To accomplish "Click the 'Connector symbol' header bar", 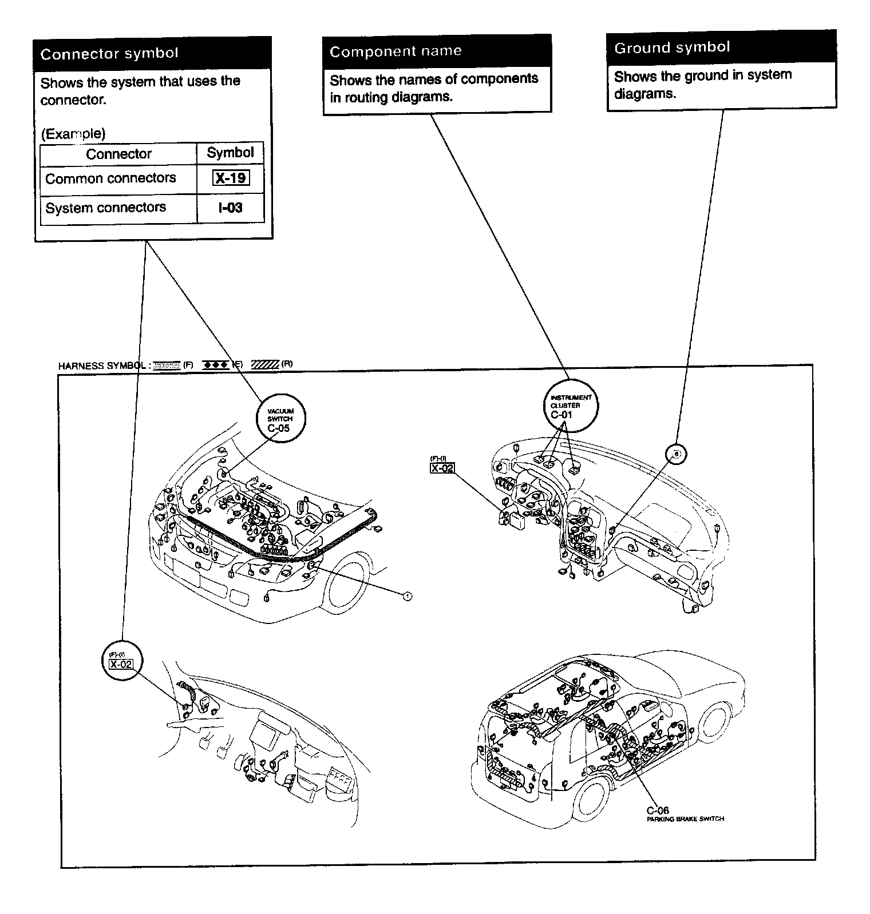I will point(152,54).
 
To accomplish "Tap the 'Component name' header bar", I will point(437,51).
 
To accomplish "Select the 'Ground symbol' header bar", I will point(721,47).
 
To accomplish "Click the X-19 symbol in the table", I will point(231,178).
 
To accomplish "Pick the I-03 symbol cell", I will point(231,208).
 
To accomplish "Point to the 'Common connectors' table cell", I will point(110,178).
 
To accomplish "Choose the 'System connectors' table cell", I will point(106,208).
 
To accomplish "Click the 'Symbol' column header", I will point(230,153).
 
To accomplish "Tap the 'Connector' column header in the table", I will point(118,154).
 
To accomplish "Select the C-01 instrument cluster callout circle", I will point(570,406).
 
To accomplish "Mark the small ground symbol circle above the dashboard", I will point(676,454).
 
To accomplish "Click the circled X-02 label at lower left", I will point(121,661).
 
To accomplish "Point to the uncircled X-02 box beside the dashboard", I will point(442,468).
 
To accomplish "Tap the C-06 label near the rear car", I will point(658,810).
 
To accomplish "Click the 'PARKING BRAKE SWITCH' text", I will point(685,819).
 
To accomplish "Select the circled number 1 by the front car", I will point(407,597).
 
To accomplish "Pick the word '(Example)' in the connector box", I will point(73,134).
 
